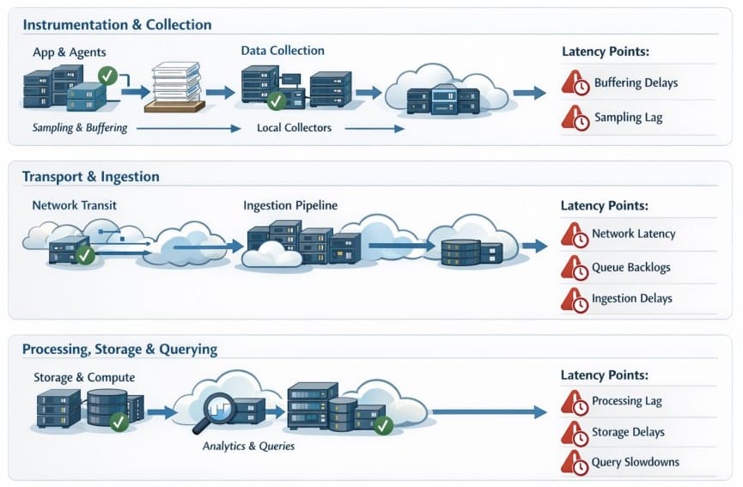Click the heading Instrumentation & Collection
click(117, 25)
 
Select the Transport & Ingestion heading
click(91, 177)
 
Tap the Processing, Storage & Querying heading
click(119, 350)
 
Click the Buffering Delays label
click(636, 83)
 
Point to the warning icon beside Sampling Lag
click(575, 117)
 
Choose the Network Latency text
click(633, 234)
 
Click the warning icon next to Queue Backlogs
click(575, 268)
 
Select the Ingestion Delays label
click(631, 299)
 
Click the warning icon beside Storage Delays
click(575, 433)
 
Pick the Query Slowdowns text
click(635, 462)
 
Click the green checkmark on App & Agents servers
click(108, 76)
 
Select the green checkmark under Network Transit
click(85, 255)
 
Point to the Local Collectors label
click(294, 128)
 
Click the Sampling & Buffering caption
click(80, 128)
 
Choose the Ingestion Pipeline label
click(290, 206)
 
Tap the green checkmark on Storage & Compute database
click(119, 421)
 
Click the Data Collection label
click(283, 52)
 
